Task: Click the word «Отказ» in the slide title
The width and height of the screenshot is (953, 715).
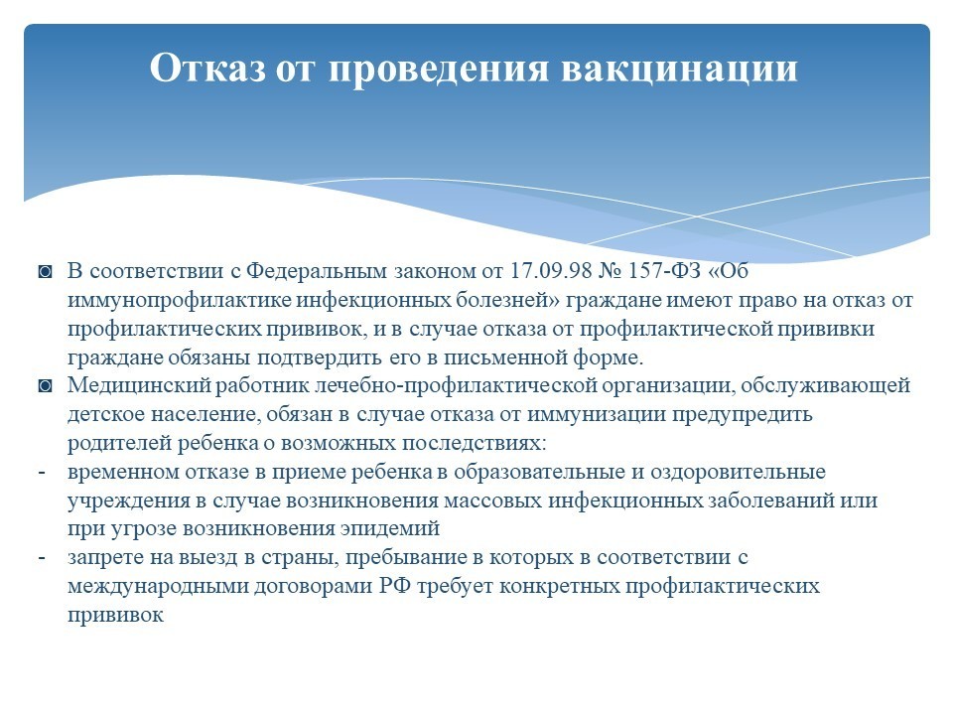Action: click(x=207, y=67)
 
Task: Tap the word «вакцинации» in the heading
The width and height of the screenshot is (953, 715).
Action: click(x=679, y=69)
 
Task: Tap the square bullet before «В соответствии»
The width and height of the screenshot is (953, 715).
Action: click(x=45, y=271)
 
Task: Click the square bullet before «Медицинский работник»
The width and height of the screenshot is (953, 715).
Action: click(x=45, y=386)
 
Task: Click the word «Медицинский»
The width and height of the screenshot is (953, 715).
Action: click(x=139, y=385)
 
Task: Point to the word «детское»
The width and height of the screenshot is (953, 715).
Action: click(x=105, y=415)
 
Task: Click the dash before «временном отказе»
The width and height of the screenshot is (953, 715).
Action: click(x=42, y=473)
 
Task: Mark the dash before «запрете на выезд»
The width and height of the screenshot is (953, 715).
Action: click(x=42, y=558)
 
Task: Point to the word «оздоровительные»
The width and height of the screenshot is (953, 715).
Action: click(x=738, y=472)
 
